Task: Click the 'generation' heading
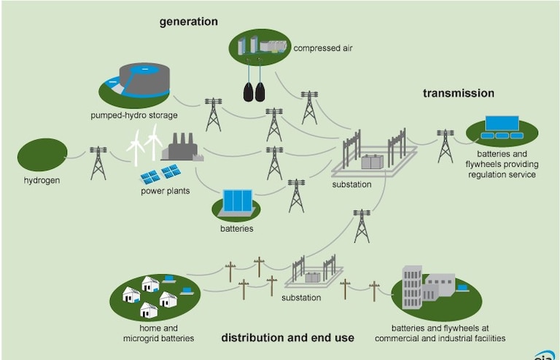189,22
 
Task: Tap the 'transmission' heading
459,93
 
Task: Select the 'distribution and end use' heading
287,337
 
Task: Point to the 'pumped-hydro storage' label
134,115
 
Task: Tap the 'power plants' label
166,192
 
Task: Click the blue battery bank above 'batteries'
237,202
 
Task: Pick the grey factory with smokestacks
181,149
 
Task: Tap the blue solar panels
160,174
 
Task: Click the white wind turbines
144,144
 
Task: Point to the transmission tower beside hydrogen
98,163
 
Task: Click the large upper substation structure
373,153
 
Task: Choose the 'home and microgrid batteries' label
158,333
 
